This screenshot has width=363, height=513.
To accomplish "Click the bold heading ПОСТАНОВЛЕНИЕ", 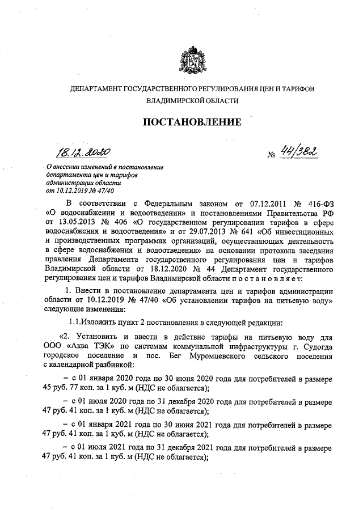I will (x=191, y=122).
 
